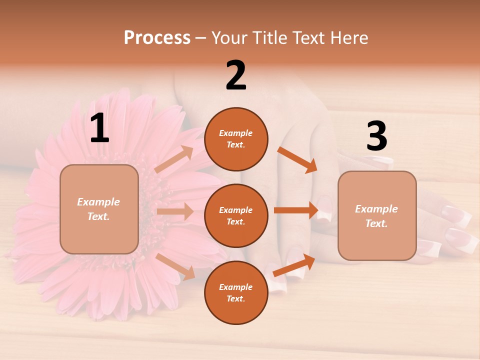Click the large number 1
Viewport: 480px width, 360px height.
(x=99, y=128)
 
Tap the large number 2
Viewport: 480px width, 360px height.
(x=236, y=75)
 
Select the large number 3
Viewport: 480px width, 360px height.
(x=376, y=136)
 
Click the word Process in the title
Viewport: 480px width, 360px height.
(x=157, y=37)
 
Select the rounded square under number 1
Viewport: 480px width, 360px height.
(x=99, y=209)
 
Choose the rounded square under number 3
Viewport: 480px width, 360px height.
(x=377, y=215)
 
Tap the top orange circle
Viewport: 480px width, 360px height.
(x=236, y=139)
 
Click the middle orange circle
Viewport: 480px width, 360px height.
(x=236, y=215)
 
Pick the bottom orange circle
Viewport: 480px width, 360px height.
(x=236, y=292)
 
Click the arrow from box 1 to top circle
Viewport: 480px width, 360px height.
(x=174, y=159)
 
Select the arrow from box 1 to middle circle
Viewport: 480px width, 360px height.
(x=175, y=211)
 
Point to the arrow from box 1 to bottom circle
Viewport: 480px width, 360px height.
(x=175, y=266)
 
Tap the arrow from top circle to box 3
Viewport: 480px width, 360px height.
(x=297, y=159)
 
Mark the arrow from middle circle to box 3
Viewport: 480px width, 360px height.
(x=296, y=210)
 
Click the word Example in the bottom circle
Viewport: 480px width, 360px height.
(x=236, y=287)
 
